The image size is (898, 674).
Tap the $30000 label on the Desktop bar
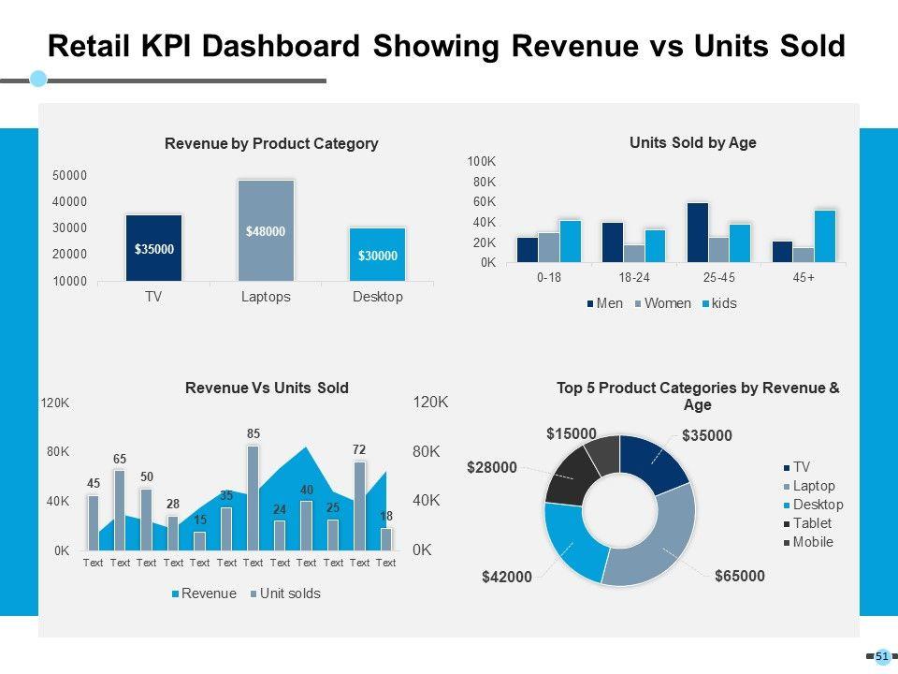click(378, 256)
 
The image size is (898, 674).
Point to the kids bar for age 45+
click(824, 236)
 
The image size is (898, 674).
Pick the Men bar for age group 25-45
click(697, 232)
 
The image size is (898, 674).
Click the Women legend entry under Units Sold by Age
click(663, 303)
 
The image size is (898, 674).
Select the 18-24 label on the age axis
click(633, 279)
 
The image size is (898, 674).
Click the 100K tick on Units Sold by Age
click(482, 162)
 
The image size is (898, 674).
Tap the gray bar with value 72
click(359, 505)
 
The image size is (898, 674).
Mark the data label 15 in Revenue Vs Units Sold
click(199, 520)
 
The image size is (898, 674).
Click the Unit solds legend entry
click(285, 593)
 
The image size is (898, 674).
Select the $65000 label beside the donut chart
click(739, 577)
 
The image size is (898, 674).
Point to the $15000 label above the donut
click(571, 433)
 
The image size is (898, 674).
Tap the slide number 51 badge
click(881, 657)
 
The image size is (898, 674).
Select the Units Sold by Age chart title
click(692, 143)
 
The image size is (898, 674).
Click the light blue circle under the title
click(38, 79)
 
